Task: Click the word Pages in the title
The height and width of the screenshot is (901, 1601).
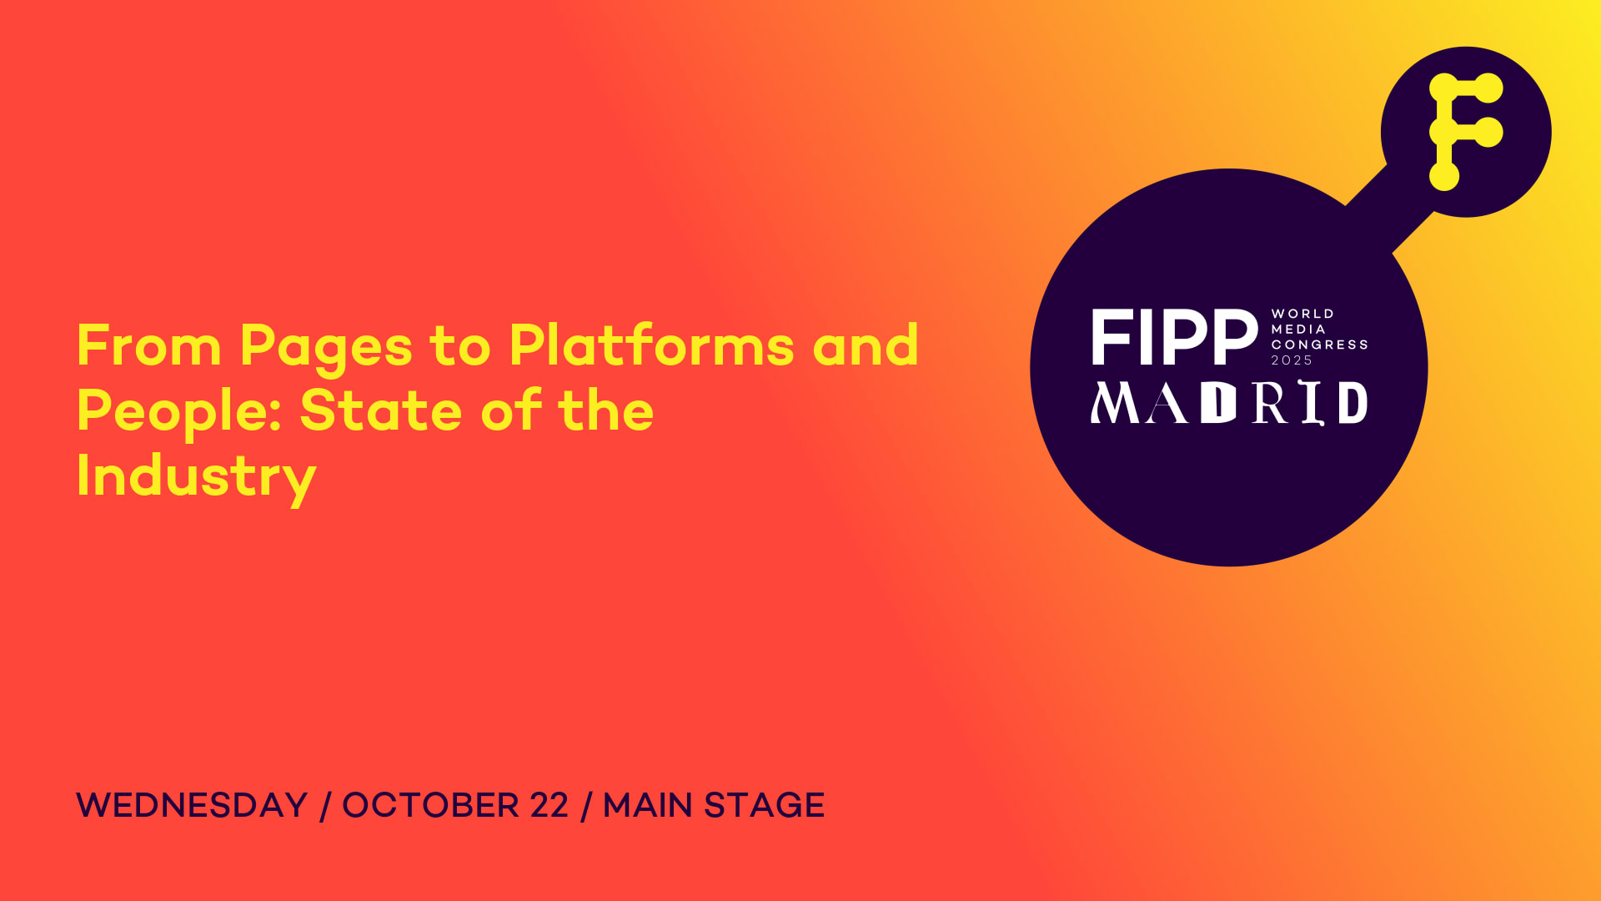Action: [326, 347]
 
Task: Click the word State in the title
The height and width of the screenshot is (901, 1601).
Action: [381, 410]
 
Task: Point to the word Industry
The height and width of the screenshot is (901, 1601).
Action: [196, 478]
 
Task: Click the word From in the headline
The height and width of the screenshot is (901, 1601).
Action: [149, 345]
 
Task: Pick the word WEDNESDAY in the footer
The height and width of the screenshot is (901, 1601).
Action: [192, 805]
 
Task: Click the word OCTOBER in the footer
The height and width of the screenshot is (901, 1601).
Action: [431, 805]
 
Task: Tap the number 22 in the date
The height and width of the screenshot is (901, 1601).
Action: [549, 805]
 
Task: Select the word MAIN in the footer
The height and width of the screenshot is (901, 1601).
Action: [648, 805]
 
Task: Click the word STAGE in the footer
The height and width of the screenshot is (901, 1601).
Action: [765, 805]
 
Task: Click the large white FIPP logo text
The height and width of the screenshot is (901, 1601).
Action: [1175, 337]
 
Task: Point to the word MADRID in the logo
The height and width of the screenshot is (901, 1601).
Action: [1229, 403]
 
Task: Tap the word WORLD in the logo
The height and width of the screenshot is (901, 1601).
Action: [1302, 314]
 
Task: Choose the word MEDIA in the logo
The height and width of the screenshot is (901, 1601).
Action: [1298, 330]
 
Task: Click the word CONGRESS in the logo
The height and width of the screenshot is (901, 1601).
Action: [1320, 345]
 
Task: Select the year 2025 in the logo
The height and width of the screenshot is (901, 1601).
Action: [1292, 360]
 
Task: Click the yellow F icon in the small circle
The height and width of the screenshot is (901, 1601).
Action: [1465, 132]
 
